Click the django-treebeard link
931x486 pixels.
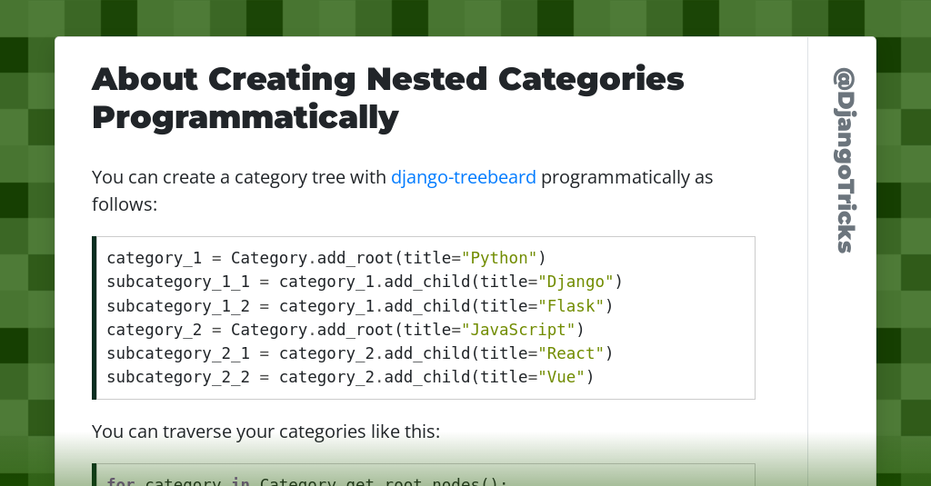(x=463, y=177)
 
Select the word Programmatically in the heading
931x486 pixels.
(x=245, y=117)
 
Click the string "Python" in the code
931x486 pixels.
(x=500, y=258)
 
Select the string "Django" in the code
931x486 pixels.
(x=576, y=282)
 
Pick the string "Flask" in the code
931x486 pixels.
(x=572, y=305)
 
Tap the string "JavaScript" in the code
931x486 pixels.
(x=519, y=329)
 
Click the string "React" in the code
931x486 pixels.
(x=572, y=352)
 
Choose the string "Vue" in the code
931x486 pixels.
(x=562, y=376)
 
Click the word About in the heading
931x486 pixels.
(x=145, y=80)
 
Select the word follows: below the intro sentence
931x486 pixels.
(x=125, y=204)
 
